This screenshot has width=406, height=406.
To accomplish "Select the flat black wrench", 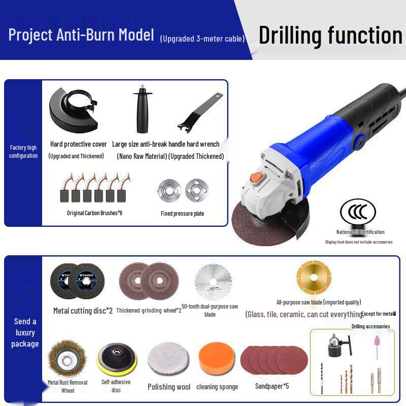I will point(200,112).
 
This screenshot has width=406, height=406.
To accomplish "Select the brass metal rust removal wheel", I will point(67,358).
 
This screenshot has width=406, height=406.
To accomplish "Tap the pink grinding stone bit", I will point(377,345).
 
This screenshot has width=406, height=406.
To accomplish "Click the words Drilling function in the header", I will point(330,35).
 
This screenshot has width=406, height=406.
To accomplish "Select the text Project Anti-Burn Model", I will point(81,35).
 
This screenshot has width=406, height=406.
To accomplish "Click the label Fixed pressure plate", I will point(182,214).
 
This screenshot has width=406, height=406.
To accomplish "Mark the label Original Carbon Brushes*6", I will point(94,213).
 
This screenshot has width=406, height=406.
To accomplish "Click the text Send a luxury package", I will point(25,332).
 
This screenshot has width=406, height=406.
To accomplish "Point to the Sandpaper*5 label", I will point(273,386).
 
